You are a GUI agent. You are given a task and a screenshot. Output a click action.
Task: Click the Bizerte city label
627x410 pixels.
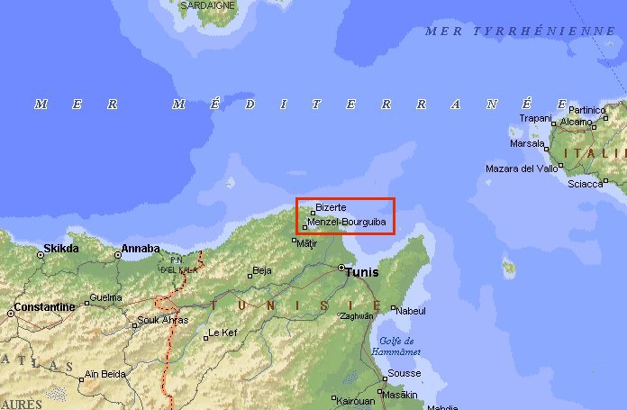click(331, 207)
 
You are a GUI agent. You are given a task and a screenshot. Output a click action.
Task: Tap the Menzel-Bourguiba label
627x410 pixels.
click(347, 222)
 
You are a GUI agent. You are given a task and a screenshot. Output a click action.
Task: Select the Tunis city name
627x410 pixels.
click(363, 270)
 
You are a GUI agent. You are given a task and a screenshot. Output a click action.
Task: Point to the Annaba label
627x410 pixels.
click(141, 248)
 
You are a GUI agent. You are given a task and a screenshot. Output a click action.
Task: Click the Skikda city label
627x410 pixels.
click(61, 248)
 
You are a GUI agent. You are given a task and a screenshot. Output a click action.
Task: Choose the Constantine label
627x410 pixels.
click(43, 307)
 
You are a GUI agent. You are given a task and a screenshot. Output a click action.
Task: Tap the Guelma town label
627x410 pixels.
click(105, 297)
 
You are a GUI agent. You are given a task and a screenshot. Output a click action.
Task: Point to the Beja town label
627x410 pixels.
click(262, 270)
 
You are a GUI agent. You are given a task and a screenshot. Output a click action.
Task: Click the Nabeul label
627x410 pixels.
click(411, 311)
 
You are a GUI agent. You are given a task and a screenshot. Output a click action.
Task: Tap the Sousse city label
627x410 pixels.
click(404, 373)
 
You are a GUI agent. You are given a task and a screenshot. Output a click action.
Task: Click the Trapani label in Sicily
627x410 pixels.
click(535, 118)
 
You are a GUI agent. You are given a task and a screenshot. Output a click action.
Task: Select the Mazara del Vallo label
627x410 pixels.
click(522, 169)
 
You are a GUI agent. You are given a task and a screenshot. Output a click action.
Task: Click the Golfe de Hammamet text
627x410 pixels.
click(397, 346)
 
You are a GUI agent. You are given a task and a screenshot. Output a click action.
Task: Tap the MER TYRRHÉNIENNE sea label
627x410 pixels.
click(520, 31)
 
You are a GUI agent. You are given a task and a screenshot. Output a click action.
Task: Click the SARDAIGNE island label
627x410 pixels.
click(207, 5)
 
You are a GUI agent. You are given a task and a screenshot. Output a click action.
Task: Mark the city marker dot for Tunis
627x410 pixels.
click(341, 268)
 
